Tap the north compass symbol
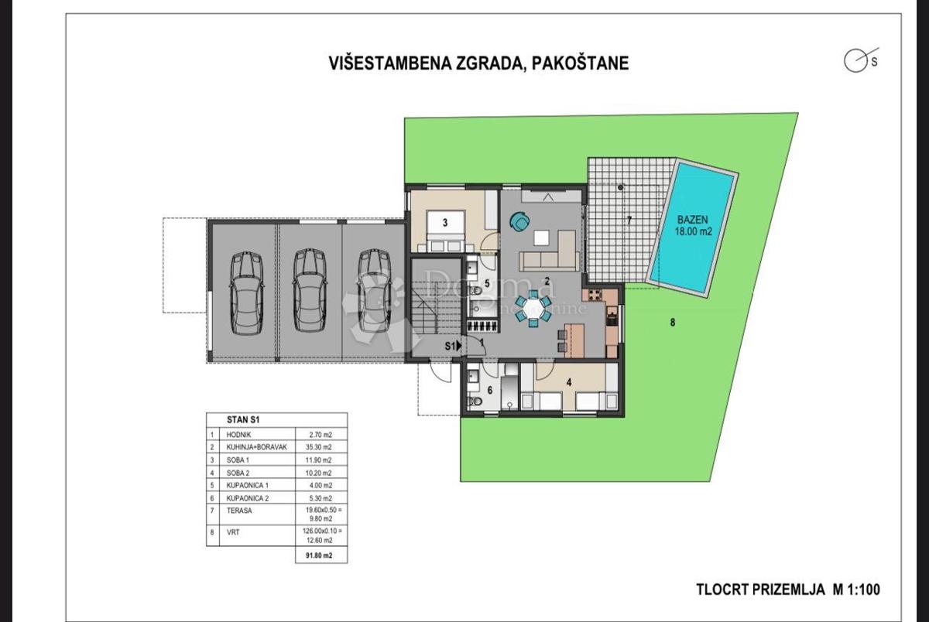tap(855, 62)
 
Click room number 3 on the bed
tap(445, 223)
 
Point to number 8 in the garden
tap(672, 323)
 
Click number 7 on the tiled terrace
tap(629, 220)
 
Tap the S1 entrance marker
tap(452, 346)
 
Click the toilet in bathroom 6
tap(478, 402)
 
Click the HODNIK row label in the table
tap(238, 435)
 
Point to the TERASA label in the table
tap(239, 510)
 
